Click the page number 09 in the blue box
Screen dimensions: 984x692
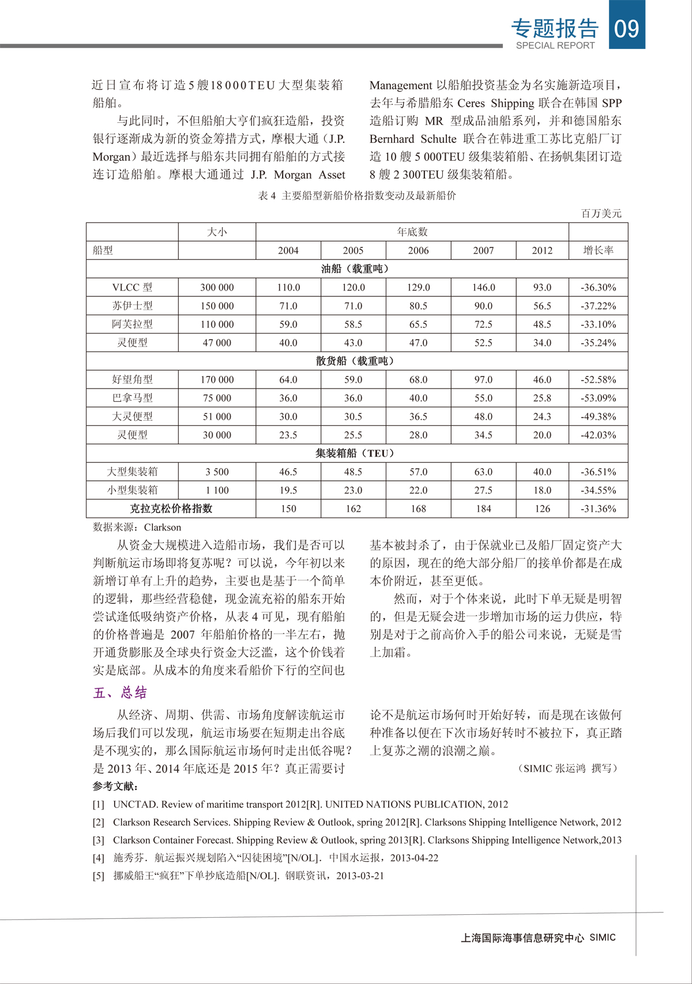(x=627, y=28)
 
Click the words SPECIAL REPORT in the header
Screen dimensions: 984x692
(x=555, y=46)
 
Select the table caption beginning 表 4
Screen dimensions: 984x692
(x=357, y=195)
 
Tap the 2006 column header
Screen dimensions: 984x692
(x=418, y=250)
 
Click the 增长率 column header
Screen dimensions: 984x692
(x=598, y=250)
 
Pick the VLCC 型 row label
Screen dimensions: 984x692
(x=132, y=287)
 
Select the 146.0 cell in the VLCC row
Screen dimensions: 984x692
(x=483, y=287)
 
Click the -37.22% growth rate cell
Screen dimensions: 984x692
(x=598, y=306)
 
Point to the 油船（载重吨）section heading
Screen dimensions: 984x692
(x=357, y=269)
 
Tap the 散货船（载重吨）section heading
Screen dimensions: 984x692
(x=357, y=361)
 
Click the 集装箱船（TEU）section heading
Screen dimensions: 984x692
(x=357, y=453)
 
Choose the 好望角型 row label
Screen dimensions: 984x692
(x=132, y=379)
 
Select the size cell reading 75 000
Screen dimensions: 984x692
(x=217, y=398)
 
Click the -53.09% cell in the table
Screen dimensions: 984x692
(x=598, y=398)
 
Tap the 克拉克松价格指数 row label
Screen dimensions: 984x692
(x=171, y=508)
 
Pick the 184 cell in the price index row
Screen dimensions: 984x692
(x=483, y=508)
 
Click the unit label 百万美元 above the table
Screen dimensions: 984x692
(x=601, y=213)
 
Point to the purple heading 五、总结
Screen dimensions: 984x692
(x=120, y=692)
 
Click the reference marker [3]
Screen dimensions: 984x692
(x=99, y=840)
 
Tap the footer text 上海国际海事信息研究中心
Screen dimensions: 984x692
(x=522, y=938)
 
